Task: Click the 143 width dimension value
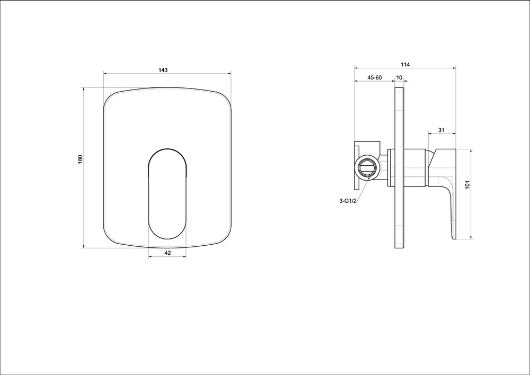tap(163, 70)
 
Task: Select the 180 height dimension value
tap(80, 159)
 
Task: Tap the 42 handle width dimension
tap(167, 253)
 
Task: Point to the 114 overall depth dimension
tap(405, 65)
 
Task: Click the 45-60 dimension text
tap(375, 77)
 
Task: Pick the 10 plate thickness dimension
tap(399, 77)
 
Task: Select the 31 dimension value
tap(441, 130)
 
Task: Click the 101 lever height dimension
tap(468, 185)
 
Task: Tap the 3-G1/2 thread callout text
tap(348, 201)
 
